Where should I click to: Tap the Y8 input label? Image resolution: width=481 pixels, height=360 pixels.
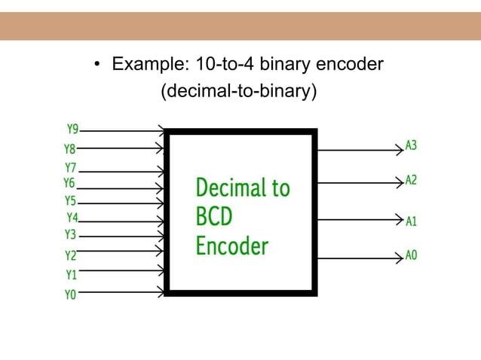click(x=69, y=149)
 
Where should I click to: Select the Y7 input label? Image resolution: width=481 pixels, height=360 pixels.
click(x=71, y=167)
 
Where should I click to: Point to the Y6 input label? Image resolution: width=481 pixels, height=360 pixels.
click(x=69, y=183)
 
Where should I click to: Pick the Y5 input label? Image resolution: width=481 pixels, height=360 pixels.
click(x=70, y=201)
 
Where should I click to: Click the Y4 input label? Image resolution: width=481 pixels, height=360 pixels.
click(x=72, y=218)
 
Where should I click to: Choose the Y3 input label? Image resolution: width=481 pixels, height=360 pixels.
click(x=70, y=235)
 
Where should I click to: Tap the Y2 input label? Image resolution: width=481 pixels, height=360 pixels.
click(x=70, y=255)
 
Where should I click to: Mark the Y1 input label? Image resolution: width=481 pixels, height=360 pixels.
click(x=71, y=275)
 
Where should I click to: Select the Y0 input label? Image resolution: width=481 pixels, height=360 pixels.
click(x=70, y=295)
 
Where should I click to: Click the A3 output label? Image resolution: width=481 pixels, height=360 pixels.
click(x=412, y=145)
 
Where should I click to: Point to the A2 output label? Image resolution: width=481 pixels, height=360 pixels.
click(x=412, y=180)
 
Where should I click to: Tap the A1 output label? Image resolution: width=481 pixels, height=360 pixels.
click(x=412, y=221)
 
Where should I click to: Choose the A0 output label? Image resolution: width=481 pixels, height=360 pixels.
click(x=412, y=255)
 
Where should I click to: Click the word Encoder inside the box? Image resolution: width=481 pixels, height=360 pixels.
click(x=231, y=246)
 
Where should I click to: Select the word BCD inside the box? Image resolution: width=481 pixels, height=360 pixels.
click(x=214, y=218)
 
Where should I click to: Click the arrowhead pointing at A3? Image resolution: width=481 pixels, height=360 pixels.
click(x=400, y=150)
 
